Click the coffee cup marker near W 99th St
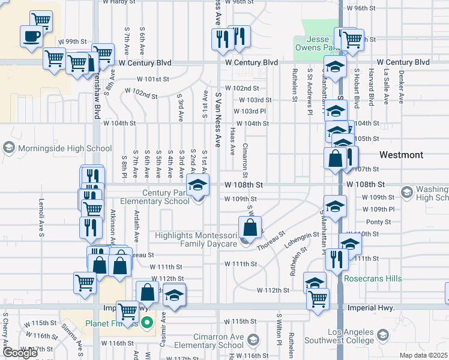point(32,36)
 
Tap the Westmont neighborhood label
point(402,155)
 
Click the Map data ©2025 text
point(424,355)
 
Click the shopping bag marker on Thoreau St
point(250,227)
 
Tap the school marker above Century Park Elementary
point(197,186)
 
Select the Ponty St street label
point(378,221)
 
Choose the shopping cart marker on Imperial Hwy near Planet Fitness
point(128,311)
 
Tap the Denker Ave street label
point(401,89)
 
